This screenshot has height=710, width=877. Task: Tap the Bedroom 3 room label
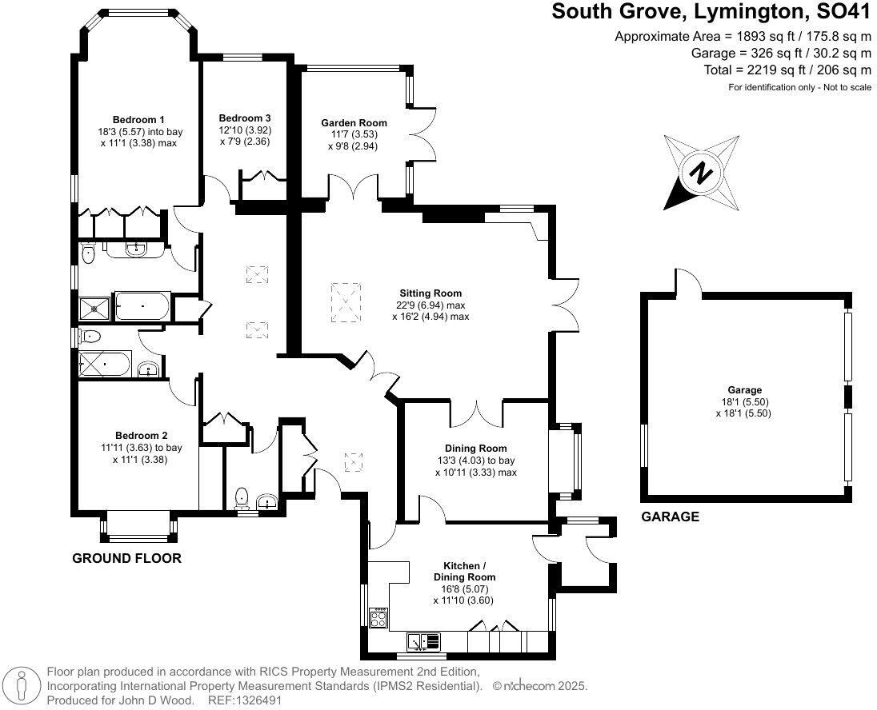[245, 118]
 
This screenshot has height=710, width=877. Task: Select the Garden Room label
[354, 123]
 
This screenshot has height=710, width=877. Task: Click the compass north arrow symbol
[702, 172]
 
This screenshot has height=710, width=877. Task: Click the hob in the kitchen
[378, 617]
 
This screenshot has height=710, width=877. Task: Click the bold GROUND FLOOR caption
[126, 558]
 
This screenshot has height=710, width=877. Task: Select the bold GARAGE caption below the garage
[670, 517]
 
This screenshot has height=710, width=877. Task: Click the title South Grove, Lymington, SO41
[711, 13]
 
